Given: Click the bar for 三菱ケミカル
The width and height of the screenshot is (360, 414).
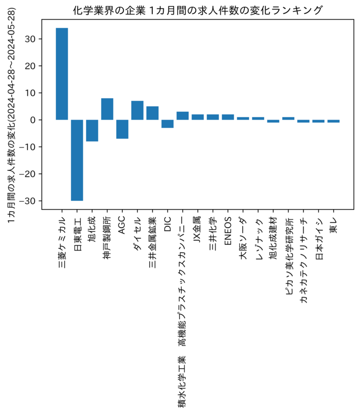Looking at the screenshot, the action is pos(62,74).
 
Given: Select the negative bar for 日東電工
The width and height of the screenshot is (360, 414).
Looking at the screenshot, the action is pos(77,160).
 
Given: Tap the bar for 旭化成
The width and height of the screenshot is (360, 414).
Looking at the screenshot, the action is pos(92,131).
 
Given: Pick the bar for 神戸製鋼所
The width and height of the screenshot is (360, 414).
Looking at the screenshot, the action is pos(107,109).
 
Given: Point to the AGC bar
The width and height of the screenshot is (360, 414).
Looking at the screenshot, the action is pos(122,129).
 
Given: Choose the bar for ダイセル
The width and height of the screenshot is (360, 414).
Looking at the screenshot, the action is pos(137,110).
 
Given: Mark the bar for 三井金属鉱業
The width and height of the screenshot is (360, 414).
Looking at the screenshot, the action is pos(152,113).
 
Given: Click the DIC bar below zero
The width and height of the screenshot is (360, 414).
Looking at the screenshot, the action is pos(168,124).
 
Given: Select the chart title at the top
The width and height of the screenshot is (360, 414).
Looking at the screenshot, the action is pos(198,10).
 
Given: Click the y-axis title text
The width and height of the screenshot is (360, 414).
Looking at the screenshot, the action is pos(11,115).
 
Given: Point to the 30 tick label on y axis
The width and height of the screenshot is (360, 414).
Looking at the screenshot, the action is pos(30,39).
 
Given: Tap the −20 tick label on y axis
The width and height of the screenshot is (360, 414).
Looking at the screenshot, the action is pos(27,174).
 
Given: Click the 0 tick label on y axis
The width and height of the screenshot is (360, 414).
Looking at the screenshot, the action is pos(33,120).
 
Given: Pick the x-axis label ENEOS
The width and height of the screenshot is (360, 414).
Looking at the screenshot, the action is pos(228,231).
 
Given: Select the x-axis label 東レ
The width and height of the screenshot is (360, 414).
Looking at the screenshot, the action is pos(334,225).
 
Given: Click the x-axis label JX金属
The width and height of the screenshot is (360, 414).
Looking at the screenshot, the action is pos(198,229).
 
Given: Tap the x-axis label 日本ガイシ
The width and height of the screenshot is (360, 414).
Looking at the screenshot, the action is pos(319,239).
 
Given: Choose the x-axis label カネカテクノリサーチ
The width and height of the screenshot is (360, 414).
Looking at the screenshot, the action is pos(304,260).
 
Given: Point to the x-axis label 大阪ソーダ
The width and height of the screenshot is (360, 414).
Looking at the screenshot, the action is pos(243,238).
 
